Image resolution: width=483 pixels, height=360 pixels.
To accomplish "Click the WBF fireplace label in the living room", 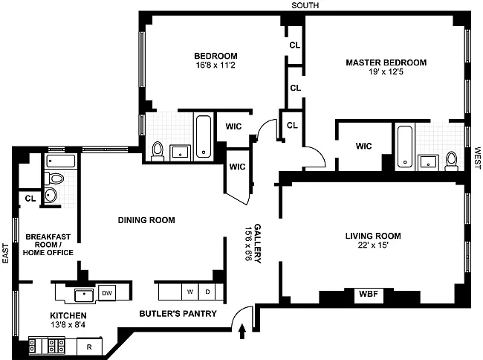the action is pos(369,294).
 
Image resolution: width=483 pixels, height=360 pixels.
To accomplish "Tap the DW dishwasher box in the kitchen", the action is pos(107,293).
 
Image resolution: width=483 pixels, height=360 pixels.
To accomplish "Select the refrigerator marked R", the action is pos(89,347).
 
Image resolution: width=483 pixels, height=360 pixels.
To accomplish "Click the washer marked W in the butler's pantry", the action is pos(190,292).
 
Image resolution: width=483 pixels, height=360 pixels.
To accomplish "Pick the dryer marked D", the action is pos(207,292).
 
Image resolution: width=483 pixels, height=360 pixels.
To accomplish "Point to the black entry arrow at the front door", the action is pos(242,331).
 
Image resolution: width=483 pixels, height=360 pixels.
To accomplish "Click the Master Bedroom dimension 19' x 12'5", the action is pos(386,72).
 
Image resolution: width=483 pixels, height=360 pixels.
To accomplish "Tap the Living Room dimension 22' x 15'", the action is pos(373,245).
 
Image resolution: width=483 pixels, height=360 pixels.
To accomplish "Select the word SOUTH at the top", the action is pos(305,5).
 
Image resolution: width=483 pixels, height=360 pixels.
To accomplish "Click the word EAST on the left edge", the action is pos(5,254).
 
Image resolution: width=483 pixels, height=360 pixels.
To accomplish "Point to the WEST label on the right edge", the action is pos(478,158).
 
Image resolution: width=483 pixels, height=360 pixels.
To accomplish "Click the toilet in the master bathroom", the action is pos(452,161).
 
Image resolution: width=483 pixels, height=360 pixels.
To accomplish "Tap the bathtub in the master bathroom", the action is pos(405,147).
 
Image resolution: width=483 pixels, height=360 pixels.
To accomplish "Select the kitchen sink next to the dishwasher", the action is pos(84,295).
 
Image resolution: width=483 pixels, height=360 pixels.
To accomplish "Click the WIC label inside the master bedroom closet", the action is pos(364,146).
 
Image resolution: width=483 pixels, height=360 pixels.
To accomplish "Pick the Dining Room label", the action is pos(146,220).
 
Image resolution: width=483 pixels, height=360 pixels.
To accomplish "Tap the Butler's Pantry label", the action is pos(178,314).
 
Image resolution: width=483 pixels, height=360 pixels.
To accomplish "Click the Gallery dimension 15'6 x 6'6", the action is pos(249,243).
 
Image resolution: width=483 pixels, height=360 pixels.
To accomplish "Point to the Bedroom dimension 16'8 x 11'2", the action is pos(215,65).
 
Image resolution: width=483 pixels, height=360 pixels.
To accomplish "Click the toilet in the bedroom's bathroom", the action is pos(158,151).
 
